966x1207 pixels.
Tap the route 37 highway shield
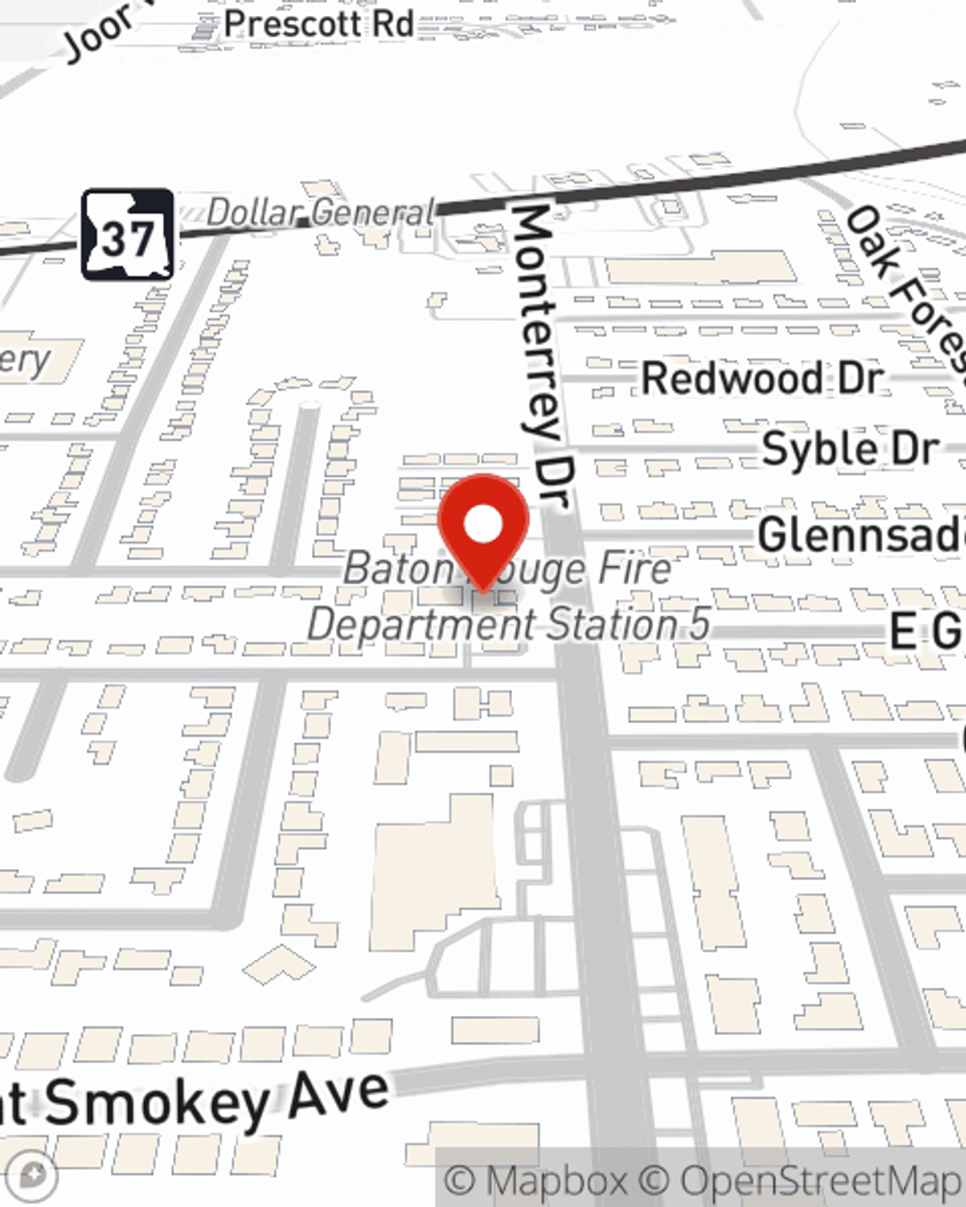point(128,235)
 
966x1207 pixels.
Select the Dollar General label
point(321,212)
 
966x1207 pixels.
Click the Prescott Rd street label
point(319,24)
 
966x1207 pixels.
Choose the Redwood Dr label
point(762,378)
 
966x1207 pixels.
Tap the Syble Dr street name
point(850,449)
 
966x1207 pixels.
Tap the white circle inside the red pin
point(483,525)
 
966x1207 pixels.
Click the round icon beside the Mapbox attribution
point(32,1176)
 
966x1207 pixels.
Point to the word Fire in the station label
point(634,568)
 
